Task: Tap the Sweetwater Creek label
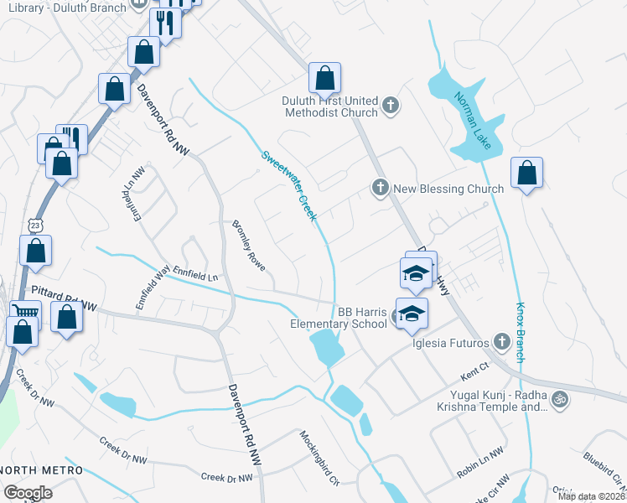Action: (x=289, y=185)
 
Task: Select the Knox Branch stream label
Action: (x=521, y=332)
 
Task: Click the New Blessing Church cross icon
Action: (x=380, y=189)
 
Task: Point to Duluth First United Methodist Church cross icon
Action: (x=390, y=105)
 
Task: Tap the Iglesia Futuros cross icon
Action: (x=501, y=341)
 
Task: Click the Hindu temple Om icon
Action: (x=561, y=397)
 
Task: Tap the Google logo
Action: (x=28, y=493)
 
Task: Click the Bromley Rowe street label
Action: (x=249, y=246)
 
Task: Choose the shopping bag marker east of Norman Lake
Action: (x=526, y=174)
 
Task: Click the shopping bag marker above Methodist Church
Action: (x=324, y=79)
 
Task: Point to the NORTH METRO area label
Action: (x=42, y=469)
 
